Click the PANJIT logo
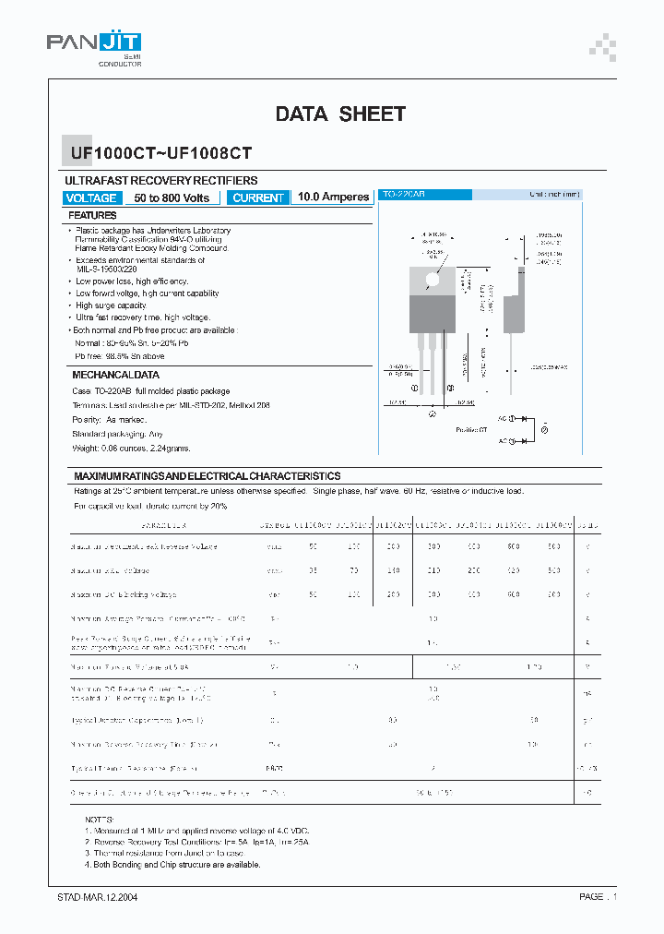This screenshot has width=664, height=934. coord(95,44)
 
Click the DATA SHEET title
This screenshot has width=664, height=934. coord(340,114)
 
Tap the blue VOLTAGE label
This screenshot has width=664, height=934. coord(91,198)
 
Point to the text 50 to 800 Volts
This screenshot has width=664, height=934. coord(172,198)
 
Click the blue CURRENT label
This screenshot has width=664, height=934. coord(258,198)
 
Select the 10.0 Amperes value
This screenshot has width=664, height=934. coord(334,198)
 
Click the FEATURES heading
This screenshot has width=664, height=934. coord(93,215)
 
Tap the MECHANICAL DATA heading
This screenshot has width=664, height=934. coord(115,376)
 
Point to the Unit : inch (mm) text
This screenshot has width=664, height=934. coord(554,195)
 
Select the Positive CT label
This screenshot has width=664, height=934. coord(470,430)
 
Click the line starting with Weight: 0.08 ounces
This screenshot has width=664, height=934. coord(131,448)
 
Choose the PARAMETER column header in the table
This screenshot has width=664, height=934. coord(163,525)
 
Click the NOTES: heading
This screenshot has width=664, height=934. coord(99,820)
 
